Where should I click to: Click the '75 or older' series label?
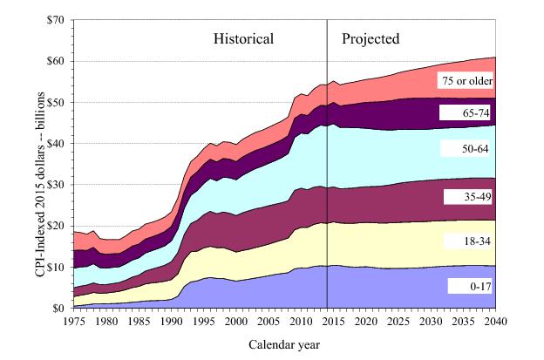point(466,81)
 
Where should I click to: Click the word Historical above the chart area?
point(244,39)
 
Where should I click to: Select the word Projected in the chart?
point(371,39)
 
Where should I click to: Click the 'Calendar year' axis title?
point(284,344)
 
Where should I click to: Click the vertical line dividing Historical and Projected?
point(327,174)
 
